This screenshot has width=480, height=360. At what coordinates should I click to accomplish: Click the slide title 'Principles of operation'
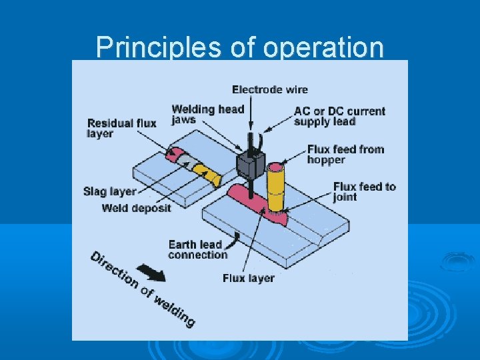[x=240, y=47]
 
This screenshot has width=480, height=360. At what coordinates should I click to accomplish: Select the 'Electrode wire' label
[x=269, y=89]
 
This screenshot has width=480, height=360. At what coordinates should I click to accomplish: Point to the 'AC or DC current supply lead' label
[x=339, y=115]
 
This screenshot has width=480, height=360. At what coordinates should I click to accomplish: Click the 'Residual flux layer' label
[x=121, y=128]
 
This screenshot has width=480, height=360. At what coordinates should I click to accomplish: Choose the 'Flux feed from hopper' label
[x=345, y=154]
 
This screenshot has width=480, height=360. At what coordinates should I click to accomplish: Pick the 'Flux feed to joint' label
[x=364, y=191]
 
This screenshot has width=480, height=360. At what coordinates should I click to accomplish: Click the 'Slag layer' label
[x=109, y=191]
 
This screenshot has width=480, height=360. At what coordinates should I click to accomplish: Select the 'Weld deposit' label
[x=136, y=208]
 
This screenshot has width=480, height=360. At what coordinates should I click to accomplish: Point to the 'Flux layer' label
[x=248, y=278]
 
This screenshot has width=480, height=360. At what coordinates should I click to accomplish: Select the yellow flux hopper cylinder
[x=275, y=189]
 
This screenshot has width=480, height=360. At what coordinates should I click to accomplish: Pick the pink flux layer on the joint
[x=257, y=203]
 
